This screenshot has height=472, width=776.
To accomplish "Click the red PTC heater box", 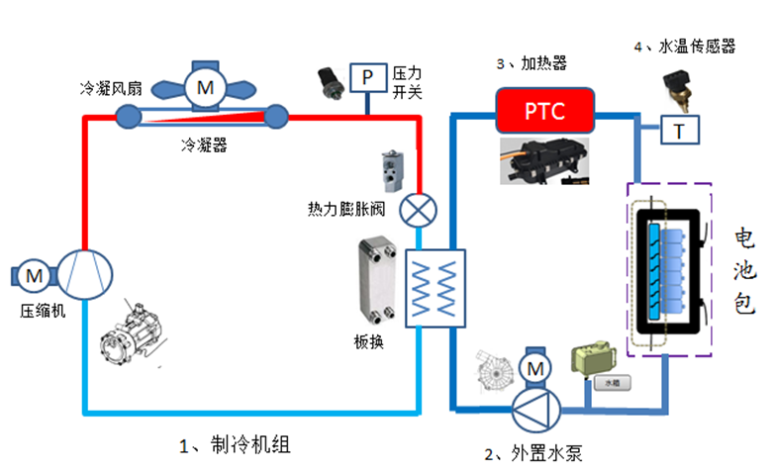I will (545, 111).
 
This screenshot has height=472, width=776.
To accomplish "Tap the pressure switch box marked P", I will (367, 76).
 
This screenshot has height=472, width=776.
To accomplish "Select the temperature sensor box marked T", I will (679, 130).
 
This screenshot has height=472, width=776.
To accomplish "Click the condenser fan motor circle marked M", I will (205, 88).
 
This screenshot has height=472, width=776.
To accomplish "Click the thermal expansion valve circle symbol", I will (419, 210).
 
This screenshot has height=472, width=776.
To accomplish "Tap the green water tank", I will (593, 363).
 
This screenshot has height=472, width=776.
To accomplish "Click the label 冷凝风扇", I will (111, 89).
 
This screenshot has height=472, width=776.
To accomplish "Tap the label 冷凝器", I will (204, 145).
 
